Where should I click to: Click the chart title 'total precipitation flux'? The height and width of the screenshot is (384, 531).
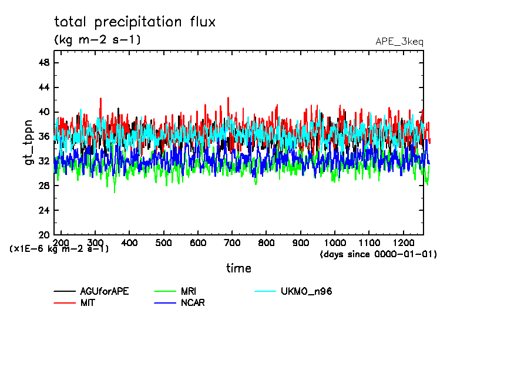(x=135, y=22)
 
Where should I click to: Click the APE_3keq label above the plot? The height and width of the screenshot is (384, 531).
(x=399, y=42)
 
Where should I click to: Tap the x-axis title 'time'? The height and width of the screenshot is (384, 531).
(x=238, y=268)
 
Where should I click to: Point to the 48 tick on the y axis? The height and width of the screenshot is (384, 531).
(x=43, y=63)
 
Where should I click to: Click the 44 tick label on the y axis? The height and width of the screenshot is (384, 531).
(x=43, y=87)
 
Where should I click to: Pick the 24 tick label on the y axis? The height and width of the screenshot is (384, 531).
(x=43, y=210)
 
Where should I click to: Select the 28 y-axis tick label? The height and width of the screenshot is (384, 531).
(x=43, y=186)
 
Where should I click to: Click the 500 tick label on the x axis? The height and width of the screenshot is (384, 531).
(x=164, y=242)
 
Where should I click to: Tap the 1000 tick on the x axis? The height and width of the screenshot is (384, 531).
(x=335, y=242)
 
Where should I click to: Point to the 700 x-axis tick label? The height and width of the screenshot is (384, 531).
(x=232, y=242)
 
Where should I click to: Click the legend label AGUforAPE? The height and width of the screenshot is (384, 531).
(x=105, y=291)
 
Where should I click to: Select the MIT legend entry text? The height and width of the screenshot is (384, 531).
(x=88, y=303)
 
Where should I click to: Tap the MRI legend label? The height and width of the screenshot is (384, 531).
(x=189, y=291)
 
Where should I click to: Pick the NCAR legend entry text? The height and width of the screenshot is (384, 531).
(x=193, y=303)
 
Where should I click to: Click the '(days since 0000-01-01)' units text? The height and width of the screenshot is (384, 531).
(x=378, y=254)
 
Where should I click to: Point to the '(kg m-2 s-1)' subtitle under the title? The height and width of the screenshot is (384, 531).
(x=97, y=40)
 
